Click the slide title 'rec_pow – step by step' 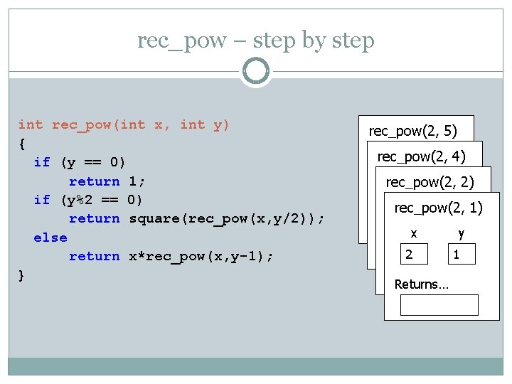(255, 41)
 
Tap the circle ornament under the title (255, 72)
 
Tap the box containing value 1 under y (462, 254)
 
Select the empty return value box (439, 304)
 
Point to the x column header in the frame (414, 233)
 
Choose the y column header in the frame (461, 233)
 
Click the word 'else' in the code (50, 238)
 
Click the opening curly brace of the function (22, 144)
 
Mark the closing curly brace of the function (22, 274)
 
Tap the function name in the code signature (82, 125)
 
